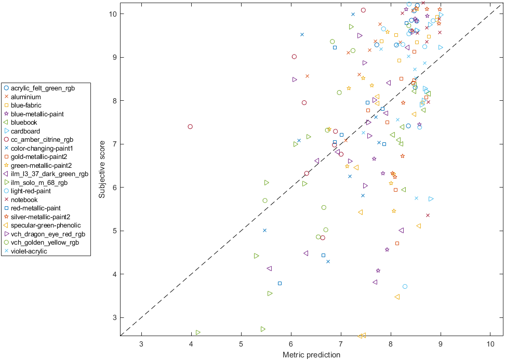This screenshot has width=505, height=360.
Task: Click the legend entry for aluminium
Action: click(x=25, y=97)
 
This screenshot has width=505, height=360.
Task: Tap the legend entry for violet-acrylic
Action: click(x=29, y=251)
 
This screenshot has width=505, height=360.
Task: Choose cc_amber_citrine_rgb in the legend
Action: click(x=42, y=140)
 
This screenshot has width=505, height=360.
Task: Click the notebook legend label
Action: click(x=24, y=199)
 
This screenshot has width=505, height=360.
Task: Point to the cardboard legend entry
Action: click(x=25, y=131)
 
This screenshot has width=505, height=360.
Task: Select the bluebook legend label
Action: click(x=24, y=123)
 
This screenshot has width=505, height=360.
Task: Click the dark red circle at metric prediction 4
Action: click(x=190, y=127)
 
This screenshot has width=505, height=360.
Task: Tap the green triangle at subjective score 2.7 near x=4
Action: click(x=198, y=332)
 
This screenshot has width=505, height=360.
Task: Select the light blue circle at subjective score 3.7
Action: click(x=405, y=287)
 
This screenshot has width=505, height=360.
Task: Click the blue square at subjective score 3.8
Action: click(x=280, y=284)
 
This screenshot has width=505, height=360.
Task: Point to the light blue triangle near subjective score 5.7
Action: click(x=431, y=199)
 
